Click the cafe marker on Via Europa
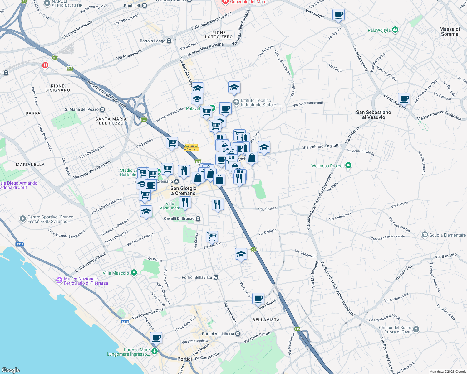[x=338, y=14]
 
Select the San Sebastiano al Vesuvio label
[x=373, y=115]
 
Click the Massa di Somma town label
[x=450, y=31]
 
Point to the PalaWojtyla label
[x=379, y=30]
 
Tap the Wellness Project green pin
[x=349, y=166]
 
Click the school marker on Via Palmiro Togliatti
[x=264, y=147]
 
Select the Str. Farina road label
[x=267, y=209]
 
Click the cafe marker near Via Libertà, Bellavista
[x=258, y=299]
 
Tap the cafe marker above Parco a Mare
[x=156, y=338]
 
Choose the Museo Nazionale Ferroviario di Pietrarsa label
[x=86, y=281]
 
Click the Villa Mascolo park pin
[x=134, y=273]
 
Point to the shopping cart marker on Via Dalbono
[x=212, y=236]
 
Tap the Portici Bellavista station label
[x=197, y=277]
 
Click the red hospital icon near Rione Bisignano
[x=45, y=65]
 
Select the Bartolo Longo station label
[x=153, y=41]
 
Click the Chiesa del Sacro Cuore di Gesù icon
[x=416, y=329]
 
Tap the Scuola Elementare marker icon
[x=425, y=235]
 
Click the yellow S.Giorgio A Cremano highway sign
[x=191, y=147]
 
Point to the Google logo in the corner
[x=10, y=370]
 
